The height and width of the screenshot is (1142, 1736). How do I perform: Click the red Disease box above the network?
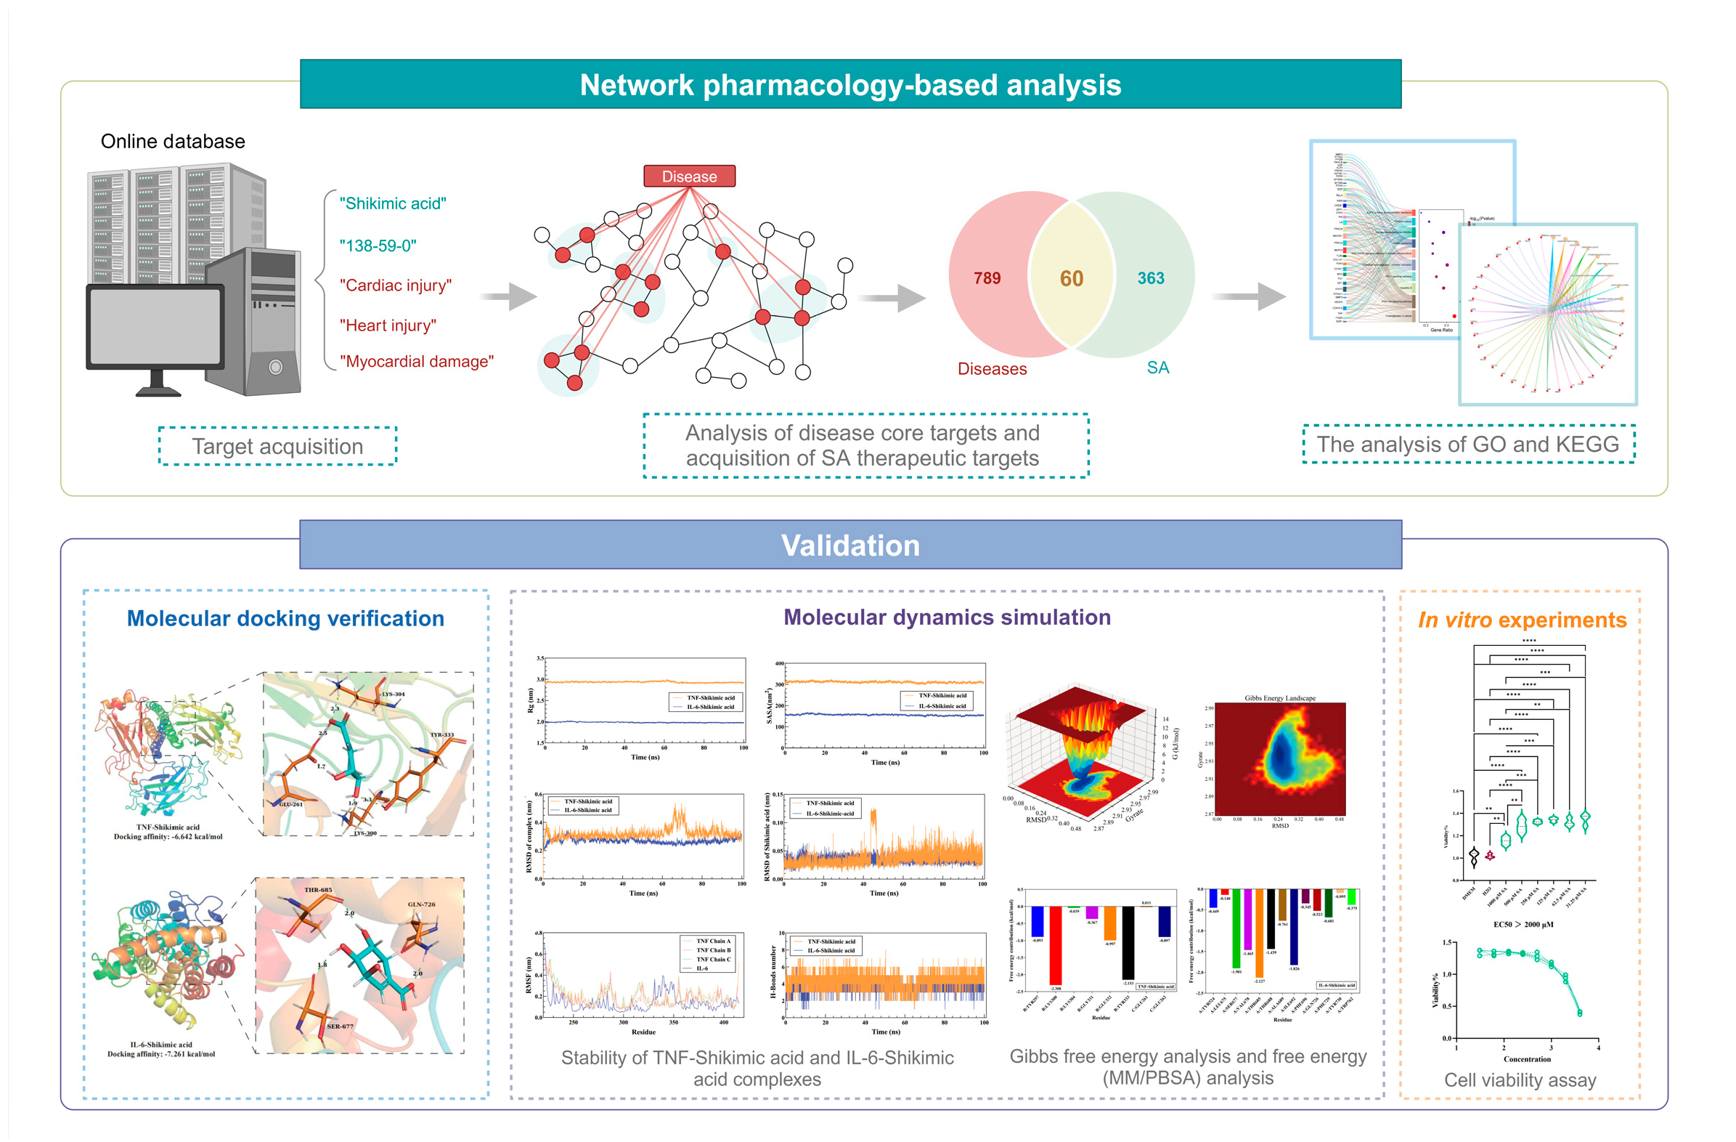pyautogui.click(x=688, y=176)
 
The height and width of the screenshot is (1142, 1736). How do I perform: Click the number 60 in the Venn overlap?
pyautogui.click(x=1071, y=278)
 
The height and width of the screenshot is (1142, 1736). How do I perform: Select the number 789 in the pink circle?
pyautogui.click(x=986, y=278)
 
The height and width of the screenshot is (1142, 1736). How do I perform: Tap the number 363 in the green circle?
pyautogui.click(x=1150, y=278)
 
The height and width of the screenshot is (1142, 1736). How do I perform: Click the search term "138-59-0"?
pyautogui.click(x=377, y=246)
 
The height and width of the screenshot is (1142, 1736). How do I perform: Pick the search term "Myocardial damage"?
pyautogui.click(x=416, y=361)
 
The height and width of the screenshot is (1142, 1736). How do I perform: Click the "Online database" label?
pyautogui.click(x=172, y=141)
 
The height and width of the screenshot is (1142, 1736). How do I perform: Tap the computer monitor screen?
pyautogui.click(x=155, y=325)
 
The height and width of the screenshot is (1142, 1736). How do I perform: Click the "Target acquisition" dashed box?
pyautogui.click(x=277, y=446)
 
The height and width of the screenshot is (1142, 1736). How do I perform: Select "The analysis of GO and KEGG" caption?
pyautogui.click(x=1467, y=444)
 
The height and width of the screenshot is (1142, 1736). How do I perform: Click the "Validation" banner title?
pyautogui.click(x=849, y=545)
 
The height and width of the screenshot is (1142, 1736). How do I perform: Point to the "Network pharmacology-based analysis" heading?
pyautogui.click(x=849, y=85)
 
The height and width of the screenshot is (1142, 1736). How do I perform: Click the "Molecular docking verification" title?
pyautogui.click(x=285, y=618)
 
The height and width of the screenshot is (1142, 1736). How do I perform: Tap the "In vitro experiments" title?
pyautogui.click(x=1522, y=620)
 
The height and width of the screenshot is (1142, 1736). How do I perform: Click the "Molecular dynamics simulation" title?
pyautogui.click(x=946, y=617)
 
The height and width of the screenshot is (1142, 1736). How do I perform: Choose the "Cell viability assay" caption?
pyautogui.click(x=1520, y=1080)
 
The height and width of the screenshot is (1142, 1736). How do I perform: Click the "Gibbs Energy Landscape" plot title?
pyautogui.click(x=1279, y=698)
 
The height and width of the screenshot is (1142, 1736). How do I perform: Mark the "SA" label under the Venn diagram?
pyautogui.click(x=1157, y=367)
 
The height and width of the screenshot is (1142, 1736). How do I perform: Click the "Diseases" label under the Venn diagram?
pyautogui.click(x=991, y=368)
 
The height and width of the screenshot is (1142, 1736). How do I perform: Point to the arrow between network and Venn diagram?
pyautogui.click(x=893, y=298)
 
